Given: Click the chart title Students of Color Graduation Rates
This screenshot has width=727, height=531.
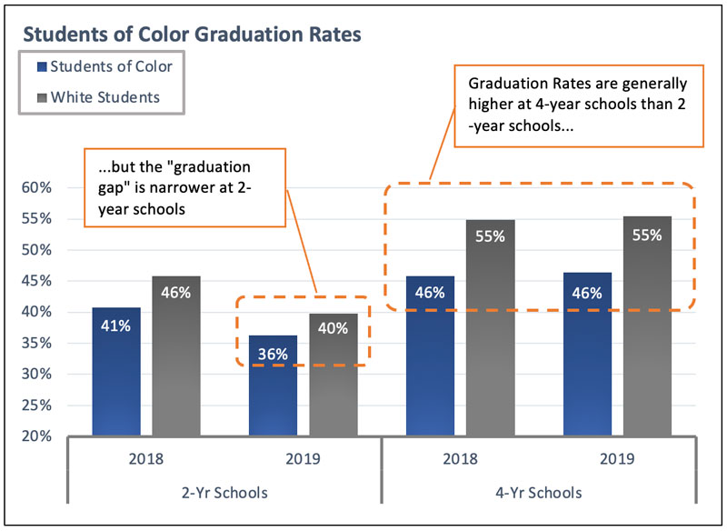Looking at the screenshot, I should click(x=192, y=35).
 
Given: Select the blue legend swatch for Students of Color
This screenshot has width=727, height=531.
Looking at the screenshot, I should click(x=41, y=66).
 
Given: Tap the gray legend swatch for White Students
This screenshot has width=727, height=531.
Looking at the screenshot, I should click(x=41, y=95).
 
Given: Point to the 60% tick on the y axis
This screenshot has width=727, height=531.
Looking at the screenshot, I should click(x=36, y=187).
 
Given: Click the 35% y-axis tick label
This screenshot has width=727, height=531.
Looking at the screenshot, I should click(x=36, y=344).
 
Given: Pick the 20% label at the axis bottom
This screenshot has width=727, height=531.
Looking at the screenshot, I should click(x=36, y=436).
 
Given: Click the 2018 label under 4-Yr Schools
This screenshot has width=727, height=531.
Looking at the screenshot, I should click(x=460, y=459).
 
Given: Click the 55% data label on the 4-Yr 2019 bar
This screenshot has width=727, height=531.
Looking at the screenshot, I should click(x=647, y=235).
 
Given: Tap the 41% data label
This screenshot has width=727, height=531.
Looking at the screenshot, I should click(x=116, y=326).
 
